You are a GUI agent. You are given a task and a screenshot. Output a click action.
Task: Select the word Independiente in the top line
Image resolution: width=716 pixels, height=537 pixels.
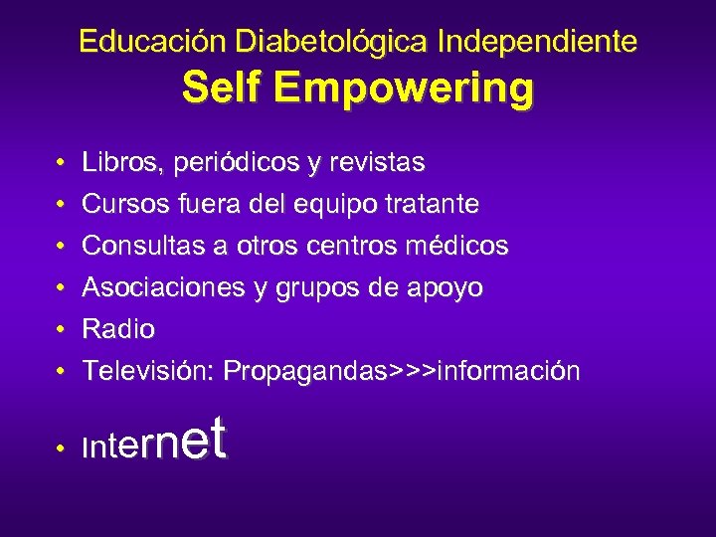[x=538, y=42]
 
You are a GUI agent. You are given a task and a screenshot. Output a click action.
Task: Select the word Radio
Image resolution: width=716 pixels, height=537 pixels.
[x=118, y=328]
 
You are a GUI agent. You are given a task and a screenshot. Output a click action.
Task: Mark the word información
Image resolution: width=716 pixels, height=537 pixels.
[x=508, y=371]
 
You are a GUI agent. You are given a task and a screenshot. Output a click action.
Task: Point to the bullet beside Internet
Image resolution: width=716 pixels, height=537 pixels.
[x=61, y=449]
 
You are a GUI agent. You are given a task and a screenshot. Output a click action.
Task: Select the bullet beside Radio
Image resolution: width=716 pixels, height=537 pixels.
[x=61, y=329]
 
